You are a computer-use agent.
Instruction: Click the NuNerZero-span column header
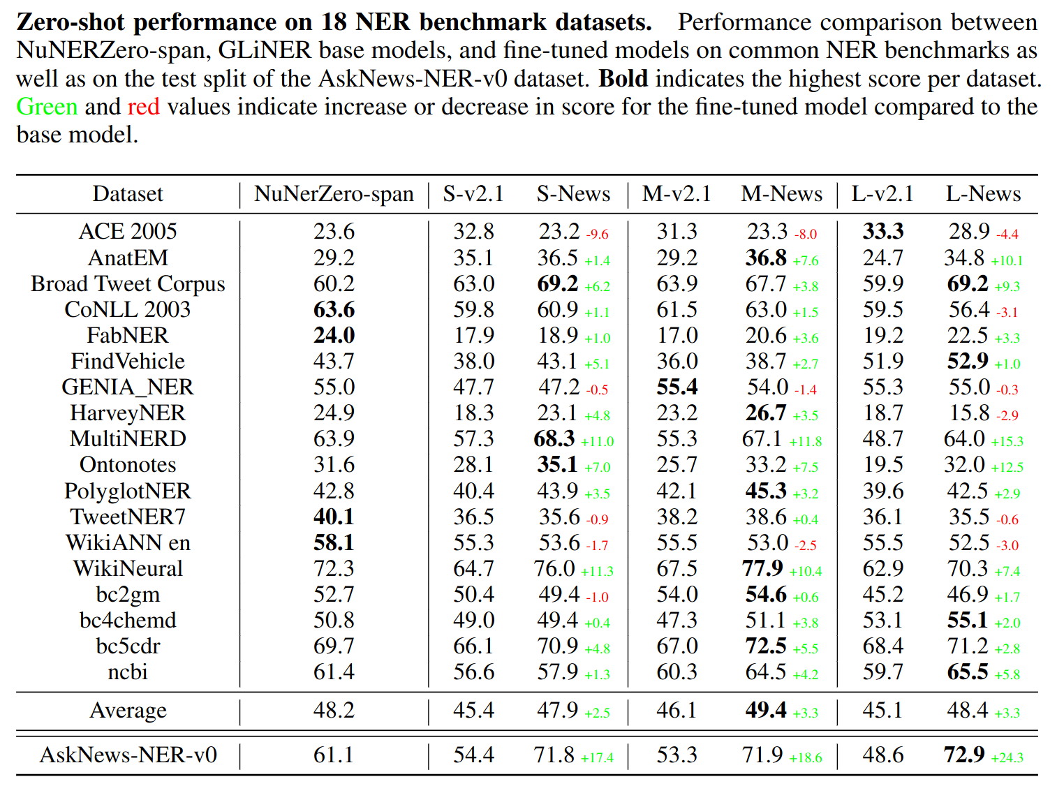pyautogui.click(x=334, y=194)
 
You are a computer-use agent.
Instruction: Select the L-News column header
pyautogui.click(x=983, y=194)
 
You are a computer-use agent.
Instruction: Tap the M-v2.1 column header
pyautogui.click(x=677, y=194)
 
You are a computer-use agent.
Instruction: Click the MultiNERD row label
pyautogui.click(x=128, y=439)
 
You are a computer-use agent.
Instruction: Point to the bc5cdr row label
pyautogui.click(x=128, y=646)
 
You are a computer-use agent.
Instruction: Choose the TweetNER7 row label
pyautogui.click(x=128, y=517)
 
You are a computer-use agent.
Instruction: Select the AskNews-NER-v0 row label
pyautogui.click(x=128, y=755)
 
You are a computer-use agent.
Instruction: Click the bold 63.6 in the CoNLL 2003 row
pyautogui.click(x=334, y=310)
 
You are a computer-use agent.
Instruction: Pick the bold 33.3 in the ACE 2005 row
pyautogui.click(x=882, y=232)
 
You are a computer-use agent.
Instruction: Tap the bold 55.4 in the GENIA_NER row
pyautogui.click(x=677, y=387)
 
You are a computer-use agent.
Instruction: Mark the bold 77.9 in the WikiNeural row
pyautogui.click(x=762, y=569)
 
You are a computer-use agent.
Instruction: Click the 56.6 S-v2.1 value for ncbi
pyautogui.click(x=473, y=672)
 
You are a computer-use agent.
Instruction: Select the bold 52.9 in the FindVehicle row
pyautogui.click(x=967, y=362)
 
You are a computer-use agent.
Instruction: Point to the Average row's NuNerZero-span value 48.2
pyautogui.click(x=334, y=711)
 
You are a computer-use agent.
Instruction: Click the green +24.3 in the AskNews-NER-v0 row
pyautogui.click(x=1007, y=758)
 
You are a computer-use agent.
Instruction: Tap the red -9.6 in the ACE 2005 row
pyautogui.click(x=597, y=235)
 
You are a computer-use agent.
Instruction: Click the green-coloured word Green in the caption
pyautogui.click(x=47, y=107)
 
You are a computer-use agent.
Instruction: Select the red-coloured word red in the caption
pyautogui.click(x=143, y=107)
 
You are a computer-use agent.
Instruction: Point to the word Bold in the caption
pyautogui.click(x=623, y=79)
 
